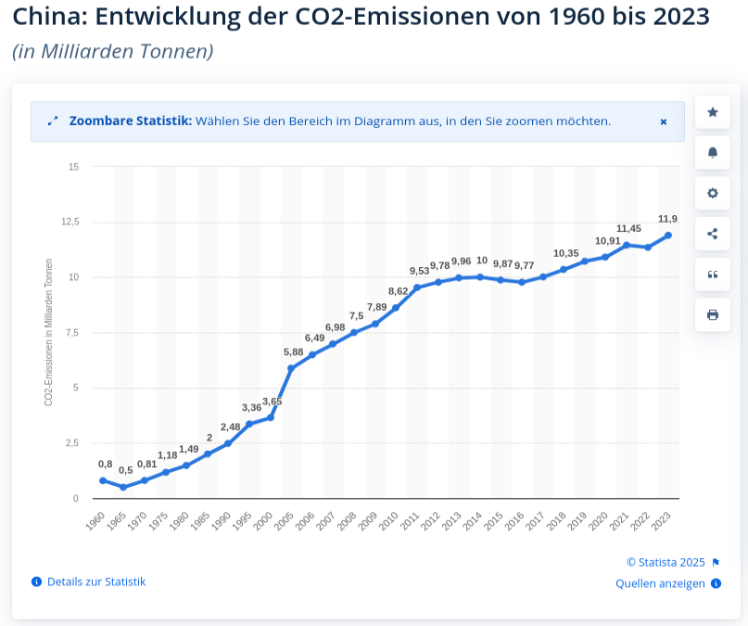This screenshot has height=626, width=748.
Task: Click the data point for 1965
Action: pos(123,487)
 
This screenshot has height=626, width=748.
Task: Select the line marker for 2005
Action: pos(291,368)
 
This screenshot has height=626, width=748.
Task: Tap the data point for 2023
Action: pos(668,235)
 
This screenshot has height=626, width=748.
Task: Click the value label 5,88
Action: pos(294,351)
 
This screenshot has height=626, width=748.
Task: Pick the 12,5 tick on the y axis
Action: pos(70,222)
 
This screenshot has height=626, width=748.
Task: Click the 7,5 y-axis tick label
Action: pos(71,332)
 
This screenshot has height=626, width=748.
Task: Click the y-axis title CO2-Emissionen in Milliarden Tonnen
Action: pos(48,332)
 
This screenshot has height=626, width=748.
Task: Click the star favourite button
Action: pos(713,112)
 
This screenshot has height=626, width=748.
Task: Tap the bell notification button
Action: pos(713,153)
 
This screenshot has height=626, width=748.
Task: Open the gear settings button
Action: pos(713,193)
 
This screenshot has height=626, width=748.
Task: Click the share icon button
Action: pos(713,234)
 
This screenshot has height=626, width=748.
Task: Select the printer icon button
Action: pos(713,314)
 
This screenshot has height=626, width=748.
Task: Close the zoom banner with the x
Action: pos(664,121)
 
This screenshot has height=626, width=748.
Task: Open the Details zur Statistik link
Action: pos(96,581)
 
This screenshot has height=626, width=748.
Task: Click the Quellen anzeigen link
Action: pos(660,583)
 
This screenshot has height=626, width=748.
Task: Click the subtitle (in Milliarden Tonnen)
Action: pos(112,51)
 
